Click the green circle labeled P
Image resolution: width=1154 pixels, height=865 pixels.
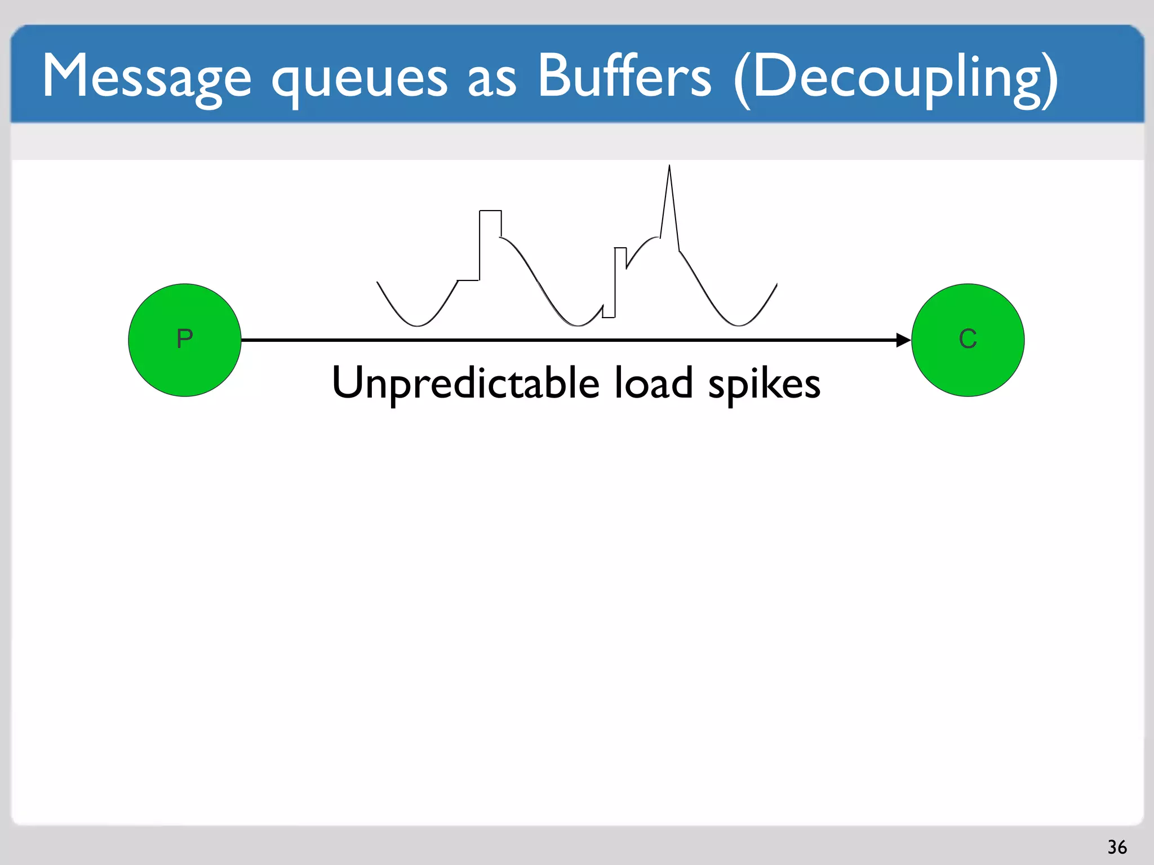185,340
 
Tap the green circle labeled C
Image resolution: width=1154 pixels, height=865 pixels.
967,340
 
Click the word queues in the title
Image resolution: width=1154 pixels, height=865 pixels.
359,79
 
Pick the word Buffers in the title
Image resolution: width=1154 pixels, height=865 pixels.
624,75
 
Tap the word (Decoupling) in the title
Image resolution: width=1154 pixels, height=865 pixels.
896,79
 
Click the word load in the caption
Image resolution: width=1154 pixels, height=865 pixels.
653,383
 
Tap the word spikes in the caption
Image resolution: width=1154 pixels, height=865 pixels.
764,385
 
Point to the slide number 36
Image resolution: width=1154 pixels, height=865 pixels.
1117,847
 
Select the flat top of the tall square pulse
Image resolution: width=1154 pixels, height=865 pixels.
490,211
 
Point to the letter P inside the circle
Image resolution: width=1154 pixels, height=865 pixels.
185,339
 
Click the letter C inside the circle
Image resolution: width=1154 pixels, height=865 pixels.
967,339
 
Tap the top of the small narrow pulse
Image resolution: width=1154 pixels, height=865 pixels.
620,248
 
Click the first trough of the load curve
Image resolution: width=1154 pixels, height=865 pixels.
418,326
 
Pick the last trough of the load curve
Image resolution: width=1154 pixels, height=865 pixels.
738,326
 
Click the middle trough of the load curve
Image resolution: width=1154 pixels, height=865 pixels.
579,326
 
